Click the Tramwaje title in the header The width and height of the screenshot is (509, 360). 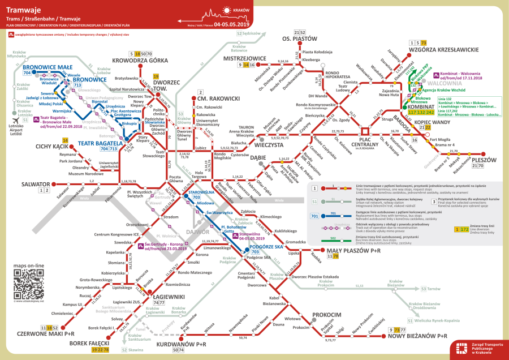pyautogui.click(x=23, y=10)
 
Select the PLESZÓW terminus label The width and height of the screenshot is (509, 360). pyautogui.click(x=481, y=160)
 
